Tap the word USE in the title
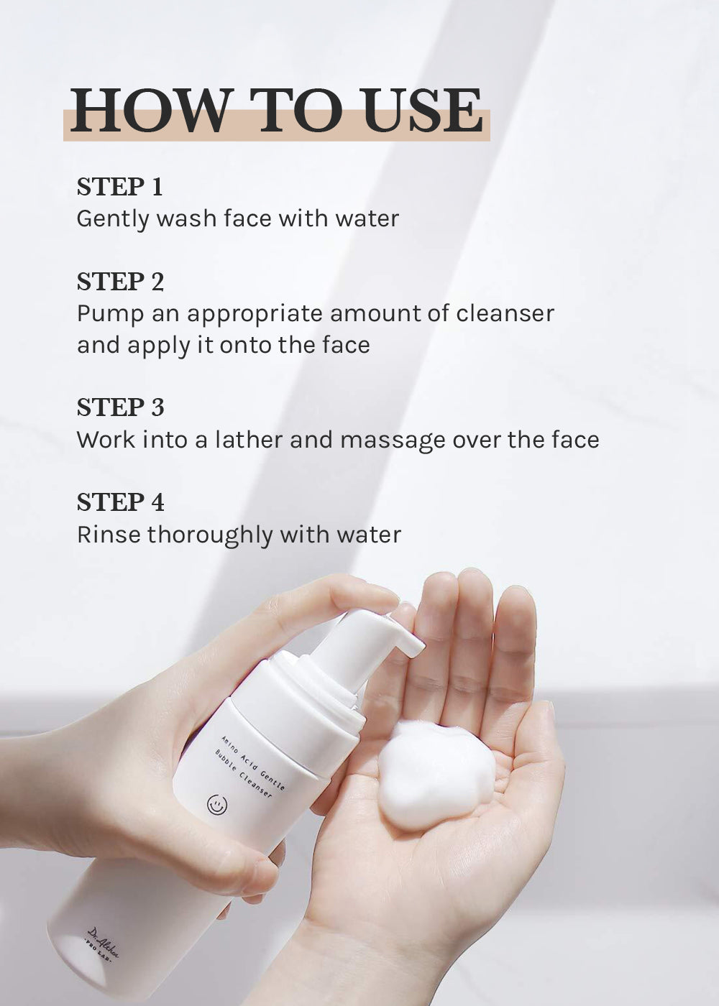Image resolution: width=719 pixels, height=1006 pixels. point(423,110)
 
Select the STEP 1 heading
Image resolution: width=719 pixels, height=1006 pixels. point(119,187)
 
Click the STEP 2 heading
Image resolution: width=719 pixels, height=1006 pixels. point(120,282)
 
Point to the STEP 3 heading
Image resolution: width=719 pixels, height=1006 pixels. point(121,407)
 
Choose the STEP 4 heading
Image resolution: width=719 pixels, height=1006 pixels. point(121,502)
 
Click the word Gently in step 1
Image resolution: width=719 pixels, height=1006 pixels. point(112,220)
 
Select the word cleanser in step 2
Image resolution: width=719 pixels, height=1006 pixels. point(505,313)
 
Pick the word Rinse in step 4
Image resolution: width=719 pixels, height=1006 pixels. point(109,535)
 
